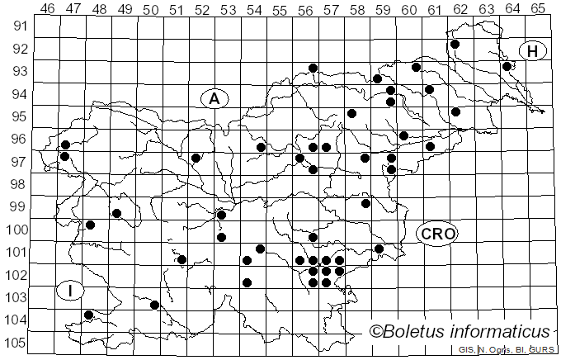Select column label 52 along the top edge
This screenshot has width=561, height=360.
(202, 8)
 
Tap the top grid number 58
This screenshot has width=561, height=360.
(357, 8)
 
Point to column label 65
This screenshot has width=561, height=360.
(537, 8)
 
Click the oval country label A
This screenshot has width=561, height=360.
(214, 99)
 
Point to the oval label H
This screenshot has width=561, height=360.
(533, 52)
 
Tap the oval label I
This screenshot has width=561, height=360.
(71, 290)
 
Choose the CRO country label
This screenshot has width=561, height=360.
(436, 234)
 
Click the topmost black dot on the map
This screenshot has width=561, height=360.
(455, 45)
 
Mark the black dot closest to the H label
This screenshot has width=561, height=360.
(507, 66)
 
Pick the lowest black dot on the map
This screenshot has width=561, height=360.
(89, 315)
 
